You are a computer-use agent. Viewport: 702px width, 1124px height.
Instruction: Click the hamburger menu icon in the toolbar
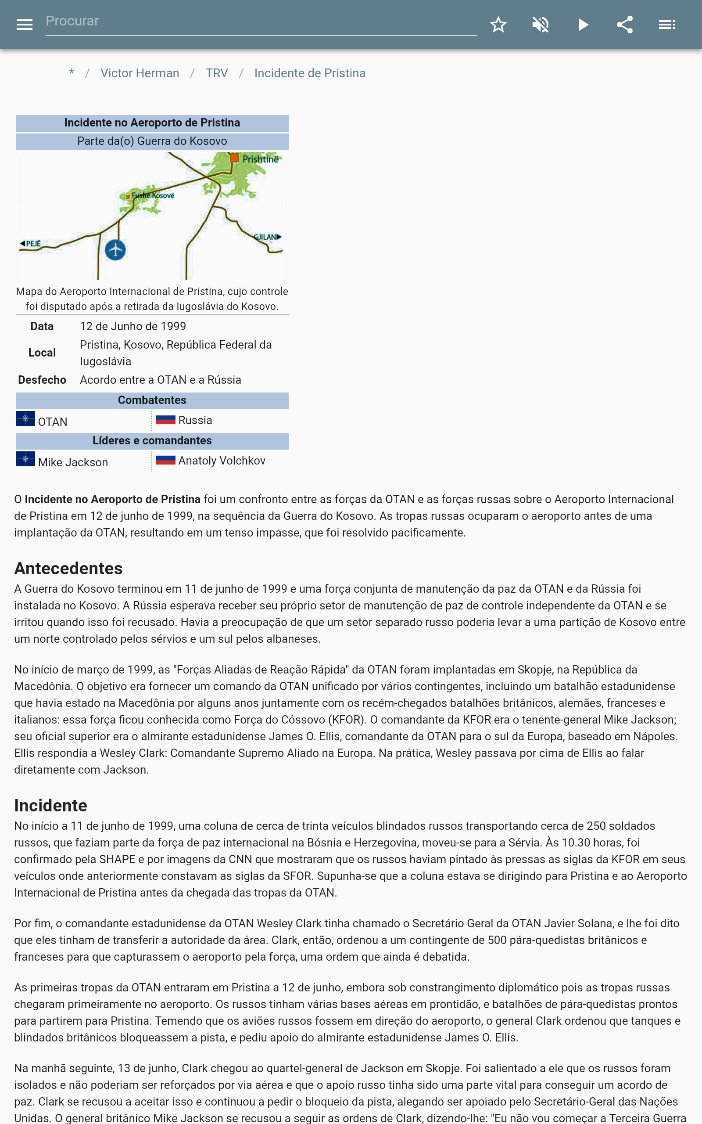[x=24, y=25]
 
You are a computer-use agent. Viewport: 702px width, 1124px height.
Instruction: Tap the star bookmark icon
[x=498, y=25]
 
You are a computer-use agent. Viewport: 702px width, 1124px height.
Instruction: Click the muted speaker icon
[x=541, y=25]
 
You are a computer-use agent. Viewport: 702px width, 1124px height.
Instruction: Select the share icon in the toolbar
[x=625, y=25]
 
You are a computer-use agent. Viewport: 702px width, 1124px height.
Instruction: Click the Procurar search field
[x=260, y=22]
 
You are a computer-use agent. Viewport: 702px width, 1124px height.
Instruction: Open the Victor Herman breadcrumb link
[x=140, y=73]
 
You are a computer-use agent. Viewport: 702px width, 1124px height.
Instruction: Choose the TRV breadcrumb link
[x=217, y=73]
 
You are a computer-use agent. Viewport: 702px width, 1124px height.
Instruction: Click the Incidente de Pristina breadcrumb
[x=310, y=73]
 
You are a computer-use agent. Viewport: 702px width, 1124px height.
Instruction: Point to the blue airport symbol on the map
[x=115, y=250]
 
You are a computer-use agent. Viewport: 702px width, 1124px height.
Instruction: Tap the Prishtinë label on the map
[x=260, y=159]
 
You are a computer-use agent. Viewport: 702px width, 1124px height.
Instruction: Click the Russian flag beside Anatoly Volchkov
[x=165, y=460]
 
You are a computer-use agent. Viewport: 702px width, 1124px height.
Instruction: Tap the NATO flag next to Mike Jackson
[x=25, y=459]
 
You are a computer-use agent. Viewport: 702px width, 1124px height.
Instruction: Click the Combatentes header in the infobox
[x=152, y=400]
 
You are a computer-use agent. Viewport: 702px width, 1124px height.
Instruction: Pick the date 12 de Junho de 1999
[x=133, y=327]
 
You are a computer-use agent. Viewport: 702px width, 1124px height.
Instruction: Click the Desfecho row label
[x=42, y=380]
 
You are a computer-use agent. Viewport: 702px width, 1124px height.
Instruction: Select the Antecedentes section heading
[x=68, y=569]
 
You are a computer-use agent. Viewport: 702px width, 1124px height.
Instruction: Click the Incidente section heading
[x=50, y=805]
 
